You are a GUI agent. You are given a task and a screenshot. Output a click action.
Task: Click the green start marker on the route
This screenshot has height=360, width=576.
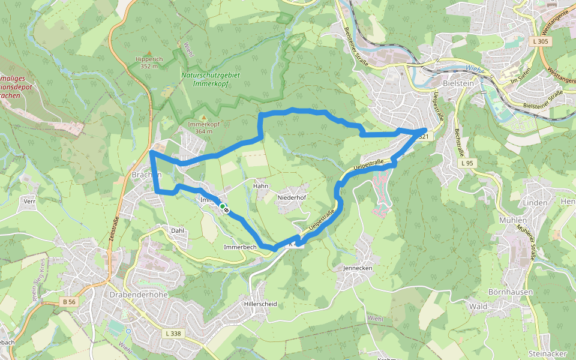click(223, 207)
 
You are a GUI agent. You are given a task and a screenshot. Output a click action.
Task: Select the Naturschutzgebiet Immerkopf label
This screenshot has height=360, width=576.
click(210, 80)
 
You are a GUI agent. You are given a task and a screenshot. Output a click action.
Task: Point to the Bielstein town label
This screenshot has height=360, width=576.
click(458, 83)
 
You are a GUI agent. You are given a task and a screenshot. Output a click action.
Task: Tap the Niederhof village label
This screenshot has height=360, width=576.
click(292, 197)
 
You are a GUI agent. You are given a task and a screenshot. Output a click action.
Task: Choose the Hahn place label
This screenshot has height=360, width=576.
click(260, 186)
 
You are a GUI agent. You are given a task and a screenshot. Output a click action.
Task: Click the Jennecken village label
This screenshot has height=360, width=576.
click(358, 268)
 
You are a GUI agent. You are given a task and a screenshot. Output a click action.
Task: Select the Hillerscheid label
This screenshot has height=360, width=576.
click(260, 304)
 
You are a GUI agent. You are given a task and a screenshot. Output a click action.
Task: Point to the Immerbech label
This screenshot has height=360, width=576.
click(240, 247)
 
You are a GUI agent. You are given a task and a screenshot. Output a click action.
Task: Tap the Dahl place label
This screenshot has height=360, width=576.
click(177, 230)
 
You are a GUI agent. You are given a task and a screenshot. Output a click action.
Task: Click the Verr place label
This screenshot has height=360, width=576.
click(29, 201)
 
